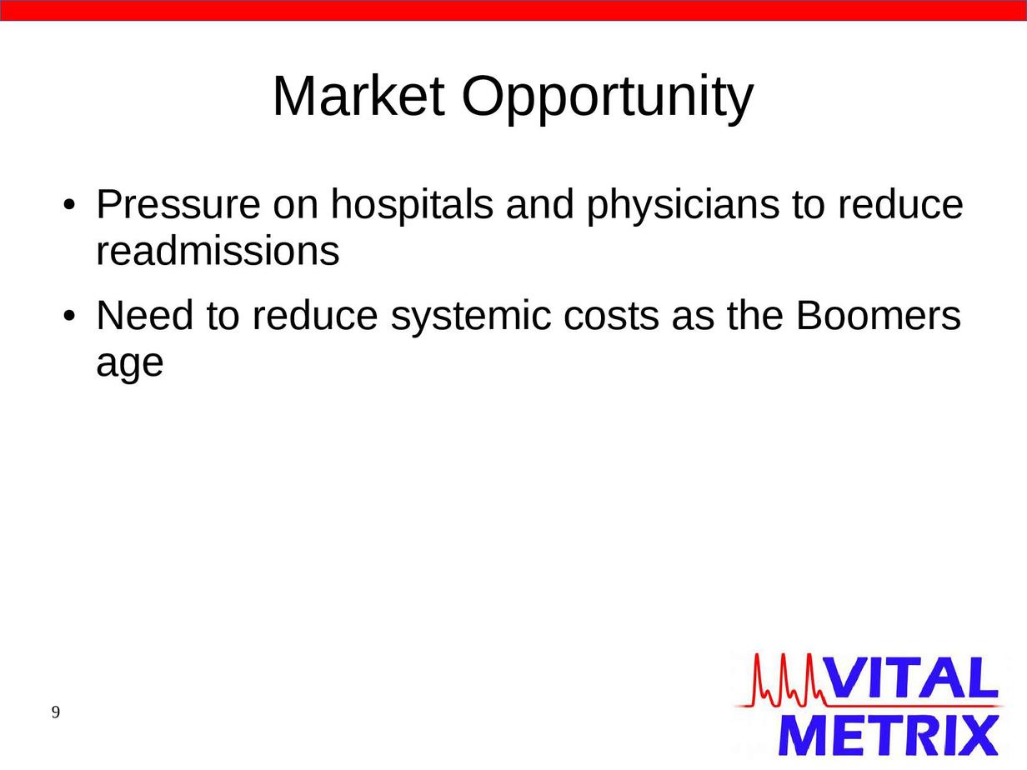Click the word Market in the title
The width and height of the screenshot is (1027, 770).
358,97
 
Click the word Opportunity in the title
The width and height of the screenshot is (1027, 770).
608,99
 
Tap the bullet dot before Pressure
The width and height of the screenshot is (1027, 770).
69,205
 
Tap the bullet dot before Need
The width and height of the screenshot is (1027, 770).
69,317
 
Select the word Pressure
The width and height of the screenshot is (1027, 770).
178,204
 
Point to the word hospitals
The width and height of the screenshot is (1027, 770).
412,206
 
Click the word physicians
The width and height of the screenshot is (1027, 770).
683,206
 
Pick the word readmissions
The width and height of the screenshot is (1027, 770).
218,251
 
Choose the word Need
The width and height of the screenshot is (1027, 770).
144,315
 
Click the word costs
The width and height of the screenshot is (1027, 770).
612,317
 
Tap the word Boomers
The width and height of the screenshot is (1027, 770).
879,315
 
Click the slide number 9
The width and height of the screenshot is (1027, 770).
56,712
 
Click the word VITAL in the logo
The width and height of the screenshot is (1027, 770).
912,677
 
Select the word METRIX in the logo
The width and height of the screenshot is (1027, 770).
888,735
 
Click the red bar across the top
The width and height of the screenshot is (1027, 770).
513,10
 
